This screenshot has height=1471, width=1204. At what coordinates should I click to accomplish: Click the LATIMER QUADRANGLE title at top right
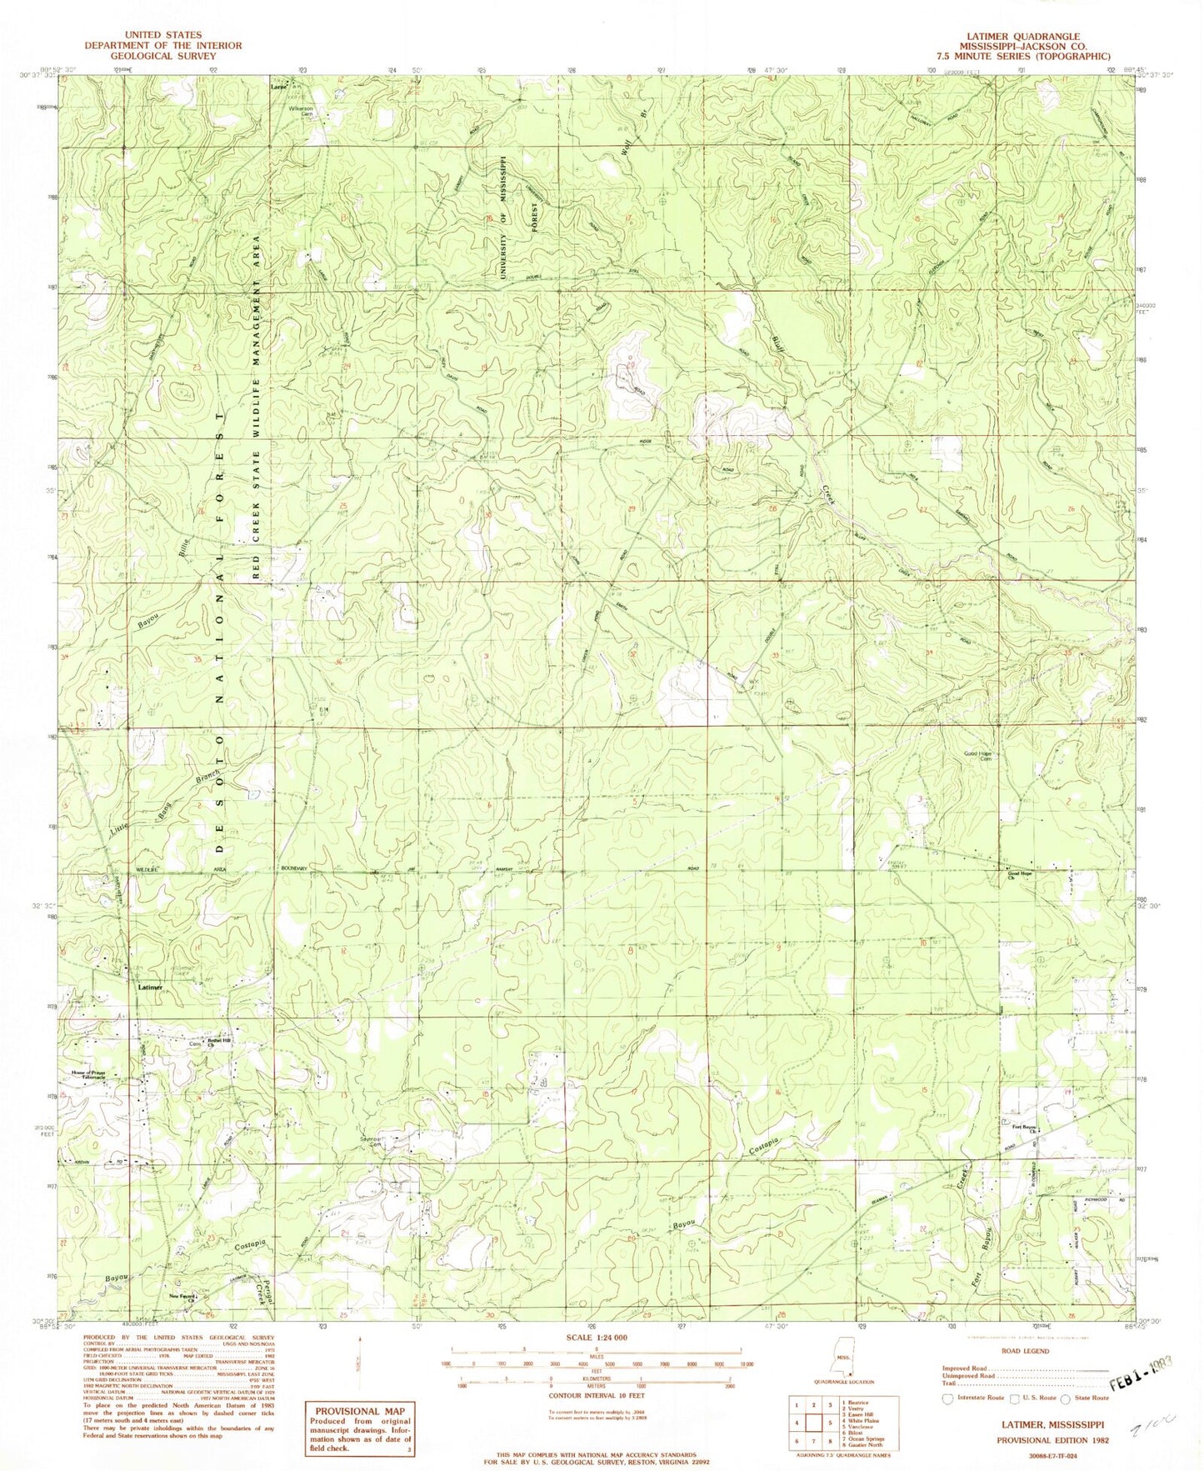click(1030, 37)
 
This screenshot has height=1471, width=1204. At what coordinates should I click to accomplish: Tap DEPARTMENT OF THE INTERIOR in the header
click(163, 46)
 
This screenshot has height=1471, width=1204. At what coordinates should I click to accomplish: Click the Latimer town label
click(149, 986)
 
